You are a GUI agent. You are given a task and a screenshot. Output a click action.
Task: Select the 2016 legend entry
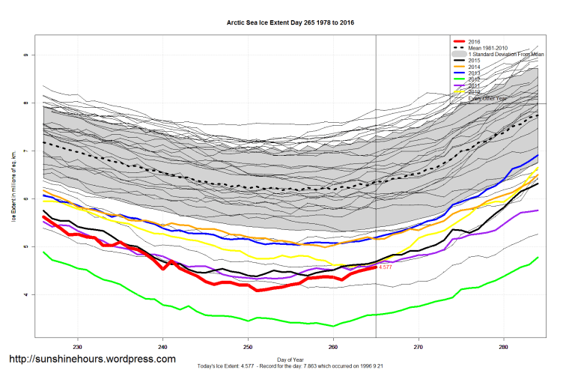point(474,41)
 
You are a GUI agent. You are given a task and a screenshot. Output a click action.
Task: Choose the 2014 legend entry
point(474,67)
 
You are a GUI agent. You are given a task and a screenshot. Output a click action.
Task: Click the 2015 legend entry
point(474,61)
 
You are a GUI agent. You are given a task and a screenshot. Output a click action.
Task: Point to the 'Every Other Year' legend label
point(487,98)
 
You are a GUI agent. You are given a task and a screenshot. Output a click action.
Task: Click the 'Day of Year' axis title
point(290,359)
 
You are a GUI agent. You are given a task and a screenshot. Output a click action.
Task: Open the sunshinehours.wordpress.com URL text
point(92,360)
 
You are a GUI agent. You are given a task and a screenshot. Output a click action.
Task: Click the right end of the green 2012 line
point(538,258)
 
